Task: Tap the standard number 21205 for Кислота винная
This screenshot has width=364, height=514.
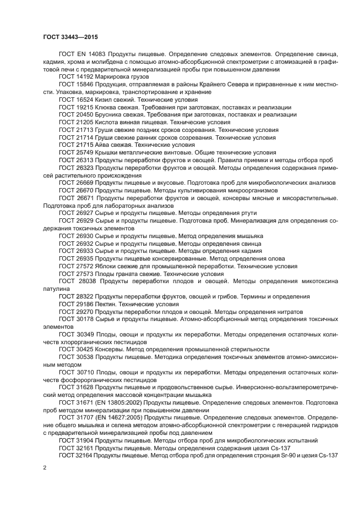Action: [84, 122]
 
